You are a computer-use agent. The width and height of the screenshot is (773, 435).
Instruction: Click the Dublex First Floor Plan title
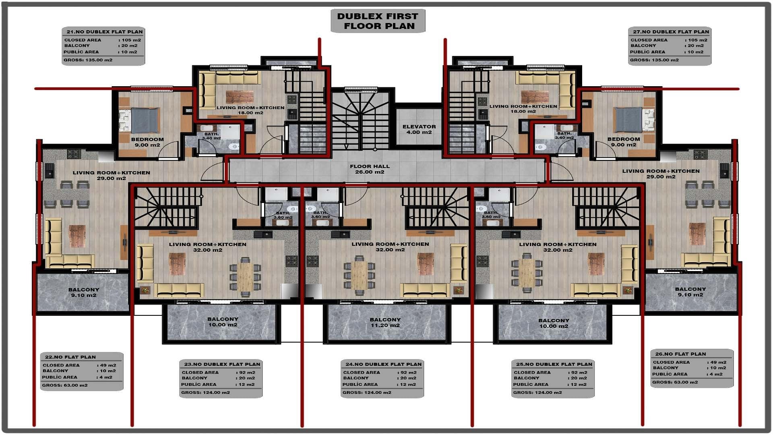pos(378,21)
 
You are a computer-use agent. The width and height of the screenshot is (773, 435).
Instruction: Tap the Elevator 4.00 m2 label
pos(419,129)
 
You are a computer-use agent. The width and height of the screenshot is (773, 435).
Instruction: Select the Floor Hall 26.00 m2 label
pos(370,169)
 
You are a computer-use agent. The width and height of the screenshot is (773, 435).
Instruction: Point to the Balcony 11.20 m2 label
pos(385,322)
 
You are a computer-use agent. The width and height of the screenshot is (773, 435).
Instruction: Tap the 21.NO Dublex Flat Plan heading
pos(105,31)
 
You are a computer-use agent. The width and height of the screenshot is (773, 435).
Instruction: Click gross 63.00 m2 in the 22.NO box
pos(65,385)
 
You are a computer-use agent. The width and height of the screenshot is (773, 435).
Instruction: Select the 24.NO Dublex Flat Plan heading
pos(383,364)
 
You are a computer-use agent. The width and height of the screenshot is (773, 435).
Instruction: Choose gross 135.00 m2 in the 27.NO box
pos(654,60)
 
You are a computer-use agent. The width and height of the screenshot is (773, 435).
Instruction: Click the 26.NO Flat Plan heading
pos(680,354)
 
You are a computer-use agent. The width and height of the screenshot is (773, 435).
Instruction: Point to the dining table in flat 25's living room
pos(527,273)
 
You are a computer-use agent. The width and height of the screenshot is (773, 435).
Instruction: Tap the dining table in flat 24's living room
pos(360,275)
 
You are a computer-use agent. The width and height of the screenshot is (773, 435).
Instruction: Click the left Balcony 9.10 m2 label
pos(83,292)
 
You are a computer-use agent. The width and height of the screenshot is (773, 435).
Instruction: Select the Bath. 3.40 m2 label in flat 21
pos(211,136)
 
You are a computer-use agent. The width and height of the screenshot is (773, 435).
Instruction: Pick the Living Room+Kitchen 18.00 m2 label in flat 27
pos(523,109)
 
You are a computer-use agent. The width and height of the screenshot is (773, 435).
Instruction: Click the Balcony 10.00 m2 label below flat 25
pos(554,323)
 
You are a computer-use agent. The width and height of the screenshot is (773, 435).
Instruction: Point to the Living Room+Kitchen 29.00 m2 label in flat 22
pos(111,175)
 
